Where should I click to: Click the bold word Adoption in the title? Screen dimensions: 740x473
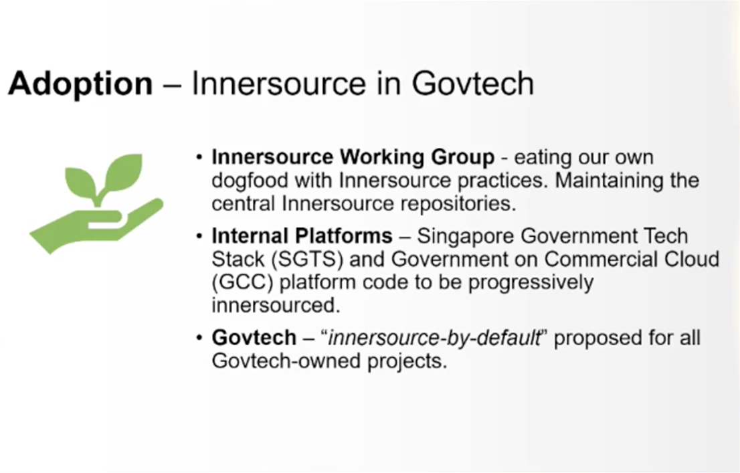point(80,84)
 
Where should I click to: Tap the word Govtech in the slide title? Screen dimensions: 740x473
point(473,84)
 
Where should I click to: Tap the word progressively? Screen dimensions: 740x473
point(531,283)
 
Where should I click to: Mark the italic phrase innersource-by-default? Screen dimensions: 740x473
point(434,338)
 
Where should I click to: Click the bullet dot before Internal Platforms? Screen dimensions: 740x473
point(199,236)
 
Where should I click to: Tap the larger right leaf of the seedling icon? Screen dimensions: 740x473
point(122,173)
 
